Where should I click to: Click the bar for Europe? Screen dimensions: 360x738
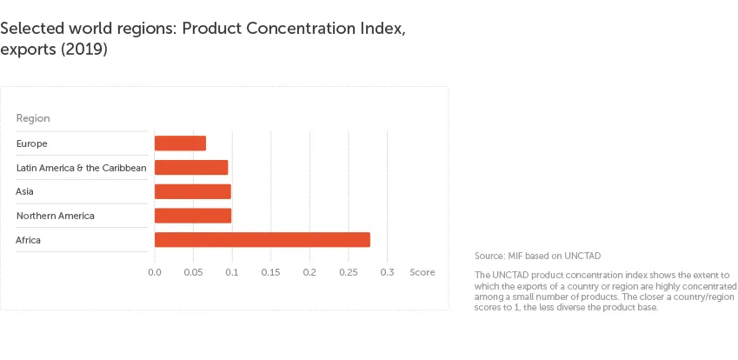coord(180,143)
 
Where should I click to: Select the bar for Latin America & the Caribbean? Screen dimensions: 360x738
coord(191,167)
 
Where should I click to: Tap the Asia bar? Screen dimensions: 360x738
coord(192,191)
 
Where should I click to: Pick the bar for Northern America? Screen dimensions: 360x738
coord(193,215)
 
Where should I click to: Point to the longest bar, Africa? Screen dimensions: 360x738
coord(262,239)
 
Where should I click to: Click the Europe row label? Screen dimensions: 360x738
coord(31,143)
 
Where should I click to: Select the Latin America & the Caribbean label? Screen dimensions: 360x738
coord(81,167)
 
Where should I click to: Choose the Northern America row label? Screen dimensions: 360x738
coord(55,215)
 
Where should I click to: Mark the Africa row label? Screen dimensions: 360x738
coord(29,239)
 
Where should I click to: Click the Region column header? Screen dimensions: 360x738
coord(33,118)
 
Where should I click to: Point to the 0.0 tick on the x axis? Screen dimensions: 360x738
coord(155,272)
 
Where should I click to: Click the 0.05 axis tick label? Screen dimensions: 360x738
coord(193,272)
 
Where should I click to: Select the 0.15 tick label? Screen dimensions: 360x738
coord(270,272)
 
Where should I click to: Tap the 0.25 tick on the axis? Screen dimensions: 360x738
coord(348,272)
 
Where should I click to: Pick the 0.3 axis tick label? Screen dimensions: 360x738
coord(387,272)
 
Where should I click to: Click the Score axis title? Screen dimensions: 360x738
coord(422,272)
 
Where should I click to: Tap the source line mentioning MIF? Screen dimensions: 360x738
coord(537,256)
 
